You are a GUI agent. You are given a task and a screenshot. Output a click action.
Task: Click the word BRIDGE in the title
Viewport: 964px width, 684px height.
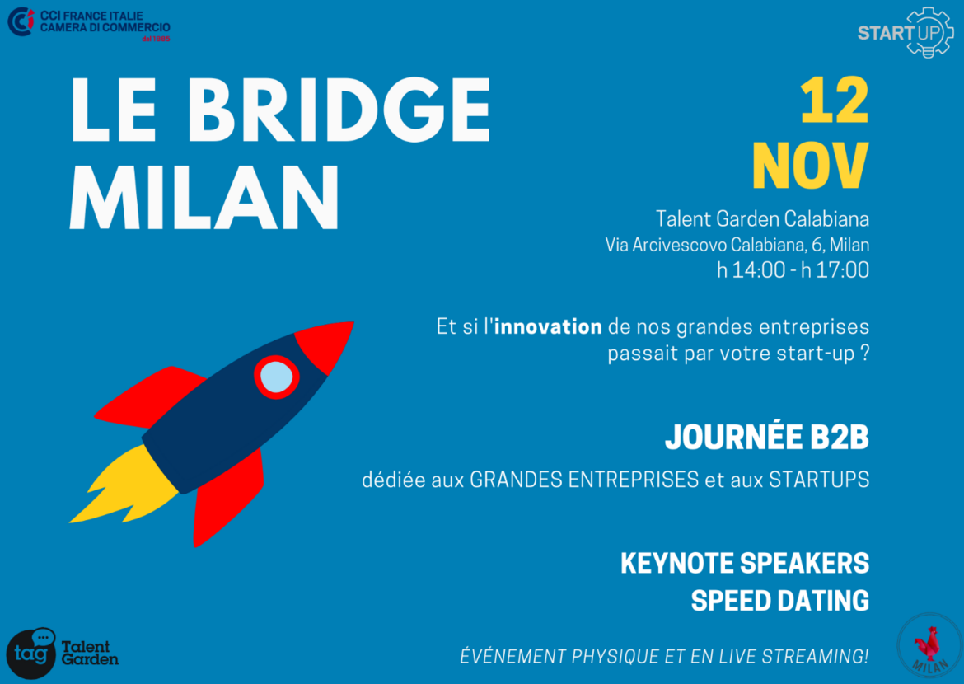pyautogui.click(x=339, y=110)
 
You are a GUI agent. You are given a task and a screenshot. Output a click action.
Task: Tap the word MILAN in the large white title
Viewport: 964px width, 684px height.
pyautogui.click(x=204, y=198)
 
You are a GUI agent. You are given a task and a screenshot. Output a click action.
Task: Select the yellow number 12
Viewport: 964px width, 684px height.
pyautogui.click(x=835, y=101)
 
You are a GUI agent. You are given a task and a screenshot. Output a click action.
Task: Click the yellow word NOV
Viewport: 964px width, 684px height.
pyautogui.click(x=811, y=166)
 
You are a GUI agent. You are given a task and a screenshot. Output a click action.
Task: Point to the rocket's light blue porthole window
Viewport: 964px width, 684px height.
pyautogui.click(x=277, y=377)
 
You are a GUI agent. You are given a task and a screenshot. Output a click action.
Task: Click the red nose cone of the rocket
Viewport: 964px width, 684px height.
pyautogui.click(x=325, y=345)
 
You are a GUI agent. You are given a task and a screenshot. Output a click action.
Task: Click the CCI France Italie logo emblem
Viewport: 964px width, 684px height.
pyautogui.click(x=21, y=21)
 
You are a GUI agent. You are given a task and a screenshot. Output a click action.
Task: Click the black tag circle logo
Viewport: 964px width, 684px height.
pyautogui.click(x=30, y=654)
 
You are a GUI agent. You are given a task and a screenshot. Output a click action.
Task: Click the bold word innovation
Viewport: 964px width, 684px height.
pyautogui.click(x=548, y=326)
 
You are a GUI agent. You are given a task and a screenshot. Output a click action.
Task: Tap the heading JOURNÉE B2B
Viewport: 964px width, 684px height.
pyautogui.click(x=766, y=437)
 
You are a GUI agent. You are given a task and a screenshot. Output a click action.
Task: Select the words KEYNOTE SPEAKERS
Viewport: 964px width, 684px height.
pyautogui.click(x=745, y=563)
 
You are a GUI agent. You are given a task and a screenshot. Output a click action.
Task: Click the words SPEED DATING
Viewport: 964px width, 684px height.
pyautogui.click(x=780, y=600)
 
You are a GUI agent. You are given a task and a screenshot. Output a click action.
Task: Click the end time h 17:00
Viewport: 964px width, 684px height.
pyautogui.click(x=835, y=269)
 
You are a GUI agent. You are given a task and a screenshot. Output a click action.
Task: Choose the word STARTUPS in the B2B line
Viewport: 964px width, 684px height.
pyautogui.click(x=819, y=479)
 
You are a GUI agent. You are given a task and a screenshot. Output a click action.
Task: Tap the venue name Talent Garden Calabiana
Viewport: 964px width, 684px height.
pyautogui.click(x=762, y=218)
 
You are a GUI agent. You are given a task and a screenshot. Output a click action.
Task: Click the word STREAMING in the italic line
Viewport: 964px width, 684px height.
pyautogui.click(x=815, y=656)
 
